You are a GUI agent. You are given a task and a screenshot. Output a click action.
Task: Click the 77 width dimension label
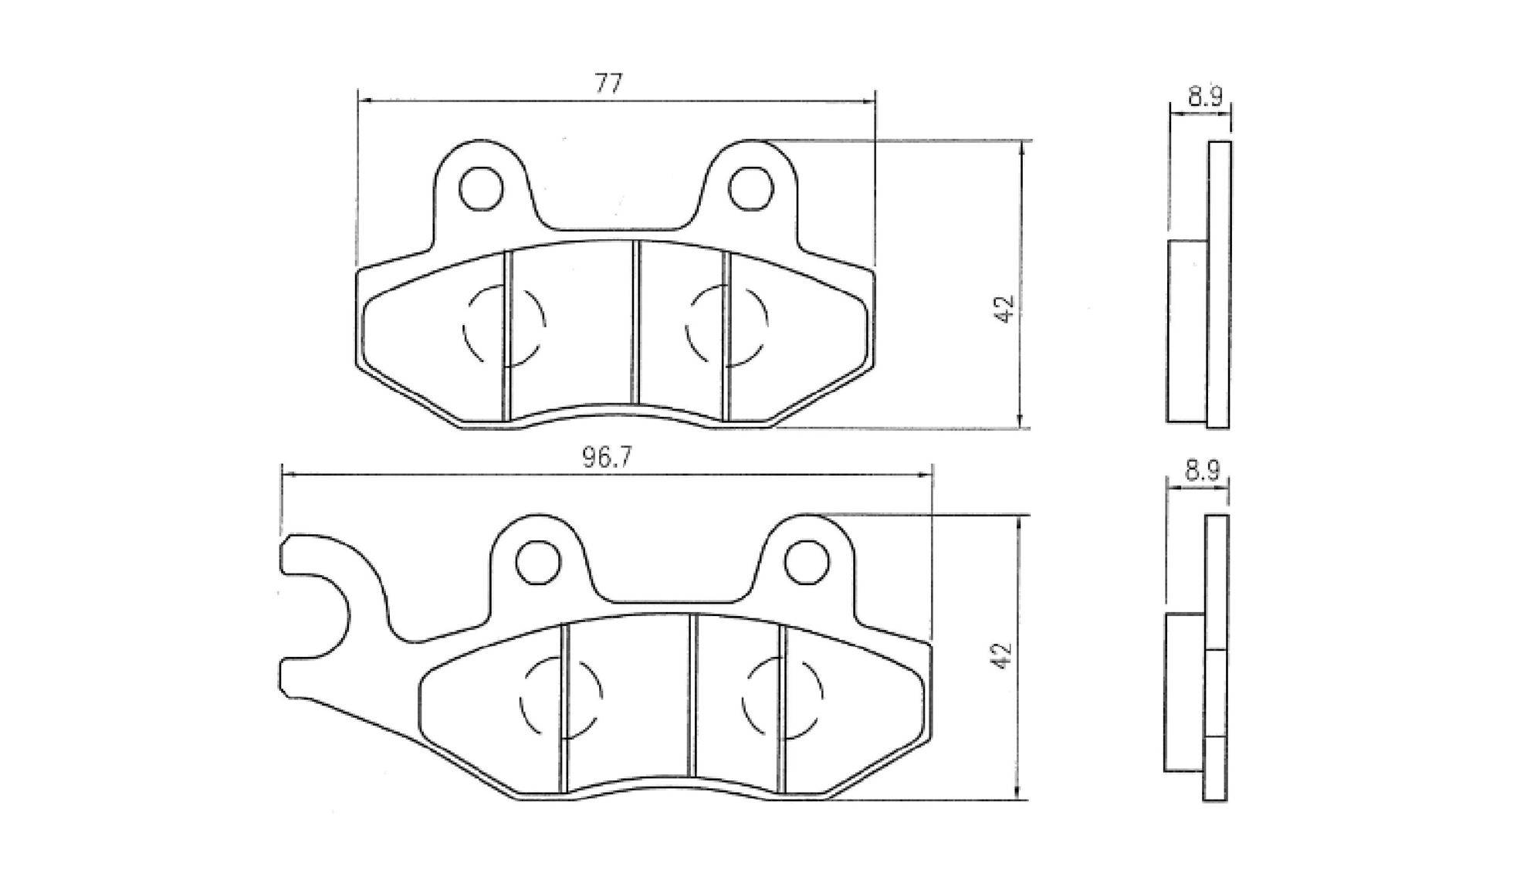point(608,83)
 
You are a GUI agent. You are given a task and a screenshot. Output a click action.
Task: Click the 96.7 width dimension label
point(607,459)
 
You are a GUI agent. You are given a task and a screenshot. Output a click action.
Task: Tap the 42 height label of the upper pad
point(1004,310)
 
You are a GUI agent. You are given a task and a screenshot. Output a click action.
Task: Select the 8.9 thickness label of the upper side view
point(1204,96)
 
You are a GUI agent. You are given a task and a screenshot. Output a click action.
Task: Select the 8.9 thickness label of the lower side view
point(1202,470)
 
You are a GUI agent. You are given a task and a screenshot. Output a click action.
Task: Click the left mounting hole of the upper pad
point(481,188)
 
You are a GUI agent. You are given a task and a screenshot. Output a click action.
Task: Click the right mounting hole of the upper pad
point(750,188)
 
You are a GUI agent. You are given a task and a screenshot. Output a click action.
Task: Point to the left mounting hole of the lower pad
point(537,562)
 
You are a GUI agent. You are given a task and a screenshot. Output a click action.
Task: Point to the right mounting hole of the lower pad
point(807,562)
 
